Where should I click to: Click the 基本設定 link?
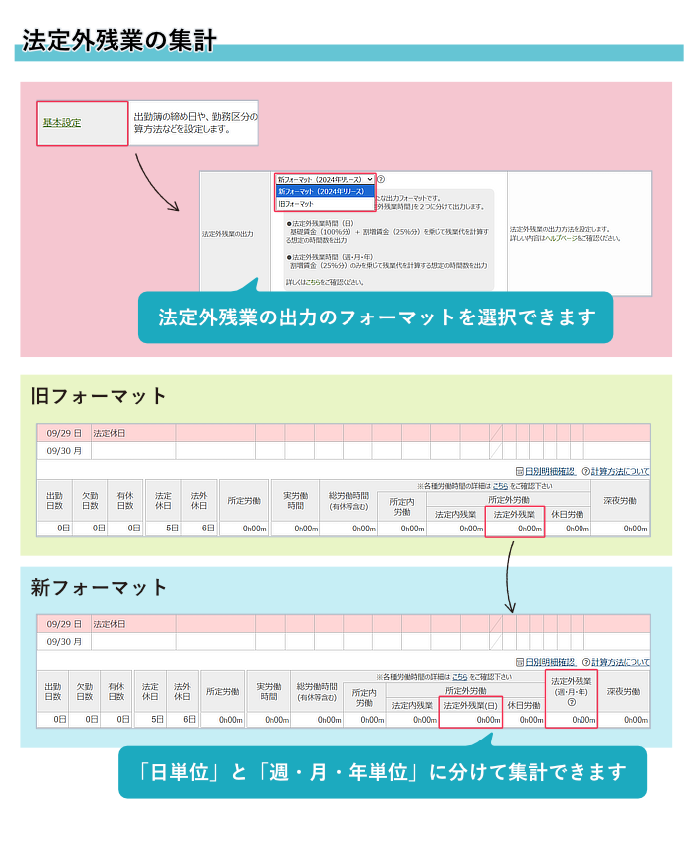coord(62,123)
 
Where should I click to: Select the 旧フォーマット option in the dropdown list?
coord(296,203)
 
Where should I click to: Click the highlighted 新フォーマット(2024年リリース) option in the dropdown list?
coord(325,191)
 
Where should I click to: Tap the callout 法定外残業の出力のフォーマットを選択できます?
coord(376,317)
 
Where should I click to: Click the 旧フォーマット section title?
coord(99,396)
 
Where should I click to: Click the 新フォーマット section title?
coord(99,588)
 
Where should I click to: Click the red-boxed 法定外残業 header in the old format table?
coord(514,515)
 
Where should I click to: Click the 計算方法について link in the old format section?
coord(619,471)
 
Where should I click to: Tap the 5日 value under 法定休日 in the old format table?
coord(165,529)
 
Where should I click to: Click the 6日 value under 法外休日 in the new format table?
coord(182,719)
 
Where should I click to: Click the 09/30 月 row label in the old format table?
coord(64,450)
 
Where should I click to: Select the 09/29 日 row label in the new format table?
coord(64,624)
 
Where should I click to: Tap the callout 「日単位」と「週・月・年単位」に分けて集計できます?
coord(382,771)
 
